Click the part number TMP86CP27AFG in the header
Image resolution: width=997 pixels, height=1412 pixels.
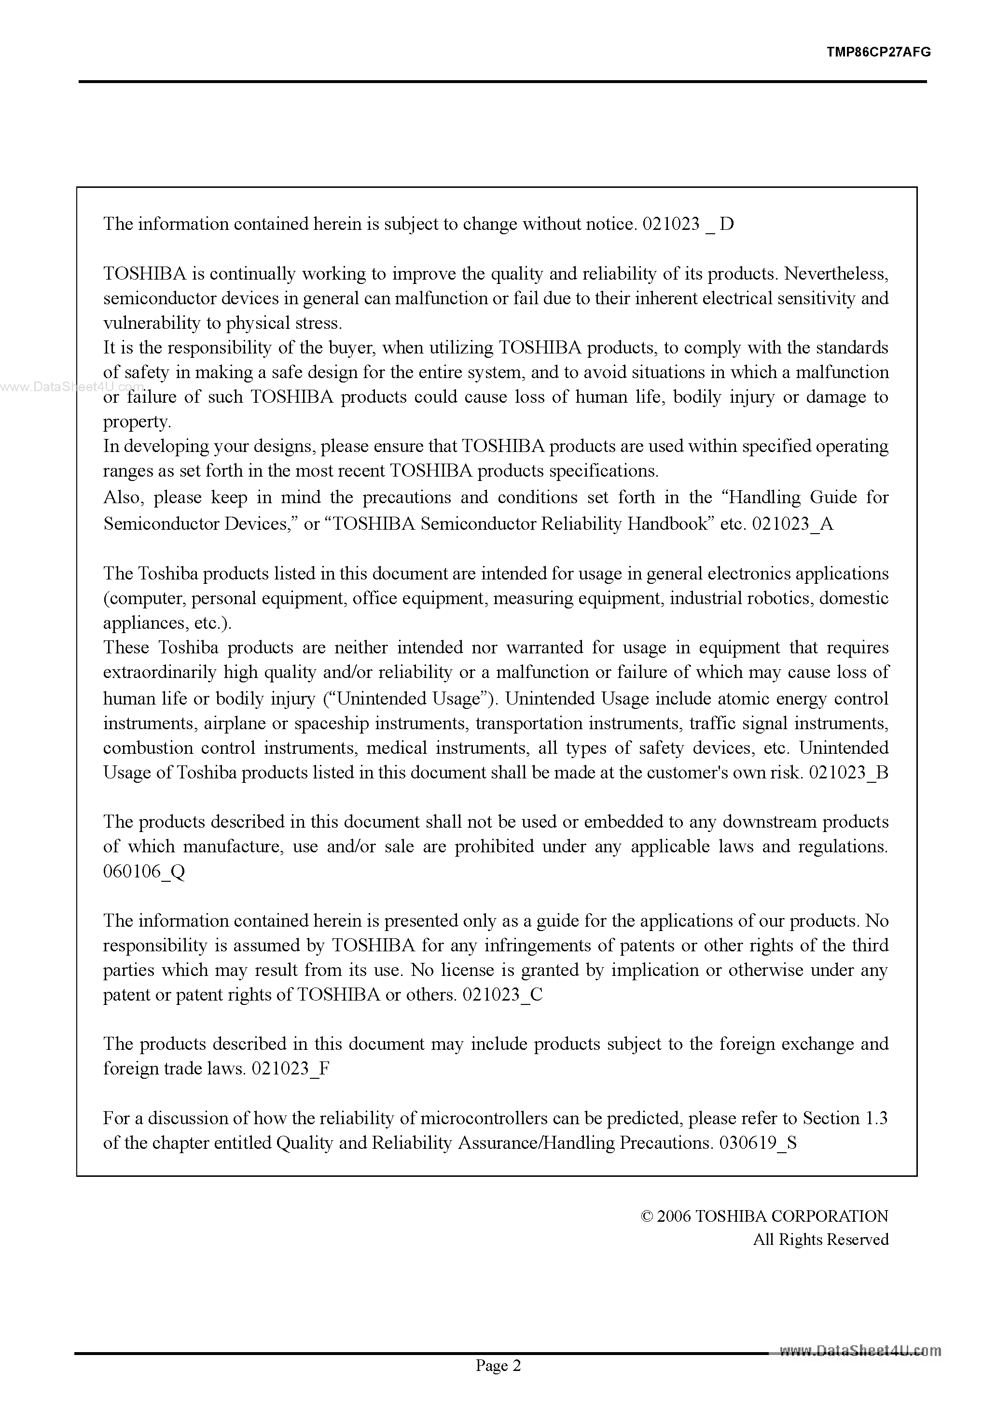[878, 52]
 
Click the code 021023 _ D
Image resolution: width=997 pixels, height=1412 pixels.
[688, 224]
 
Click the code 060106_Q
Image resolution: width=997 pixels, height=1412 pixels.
[144, 872]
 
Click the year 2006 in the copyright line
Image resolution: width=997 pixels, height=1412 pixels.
[674, 1216]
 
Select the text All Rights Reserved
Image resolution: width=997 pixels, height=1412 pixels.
[820, 1239]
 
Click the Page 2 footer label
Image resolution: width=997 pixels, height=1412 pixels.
[498, 1383]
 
